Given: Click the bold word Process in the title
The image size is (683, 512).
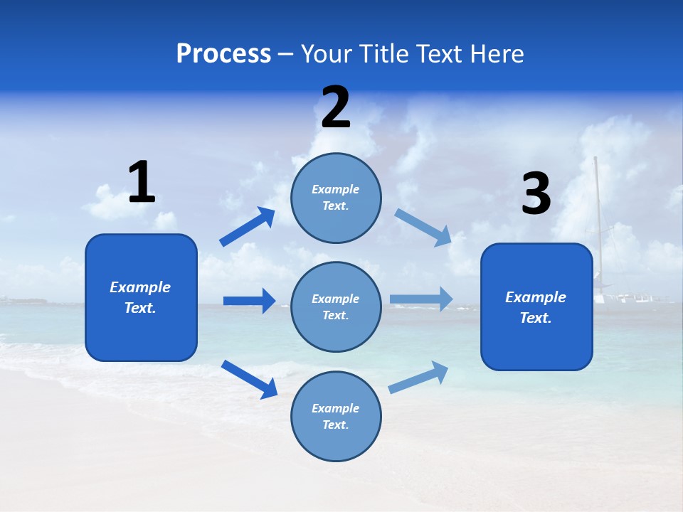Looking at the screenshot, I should (x=223, y=54).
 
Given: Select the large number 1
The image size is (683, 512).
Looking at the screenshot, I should (x=142, y=183).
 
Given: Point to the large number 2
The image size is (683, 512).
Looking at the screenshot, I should (x=336, y=108).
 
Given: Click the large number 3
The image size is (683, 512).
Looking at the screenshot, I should (x=536, y=194).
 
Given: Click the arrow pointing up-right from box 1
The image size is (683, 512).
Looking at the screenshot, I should (x=247, y=227).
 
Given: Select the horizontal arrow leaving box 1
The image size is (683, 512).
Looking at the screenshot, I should (x=249, y=301).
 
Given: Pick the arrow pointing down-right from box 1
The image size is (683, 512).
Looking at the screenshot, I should (x=249, y=378).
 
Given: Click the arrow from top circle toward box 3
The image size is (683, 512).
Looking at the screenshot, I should (x=423, y=227).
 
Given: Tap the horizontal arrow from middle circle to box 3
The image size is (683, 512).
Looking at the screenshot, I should (x=421, y=299).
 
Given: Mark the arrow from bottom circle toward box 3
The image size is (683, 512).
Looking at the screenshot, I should (x=418, y=377).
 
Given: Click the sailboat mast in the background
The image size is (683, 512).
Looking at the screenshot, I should (x=597, y=213).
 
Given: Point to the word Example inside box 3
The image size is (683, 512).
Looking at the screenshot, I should (x=536, y=297).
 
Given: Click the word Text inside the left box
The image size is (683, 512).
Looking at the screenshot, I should (x=139, y=308).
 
